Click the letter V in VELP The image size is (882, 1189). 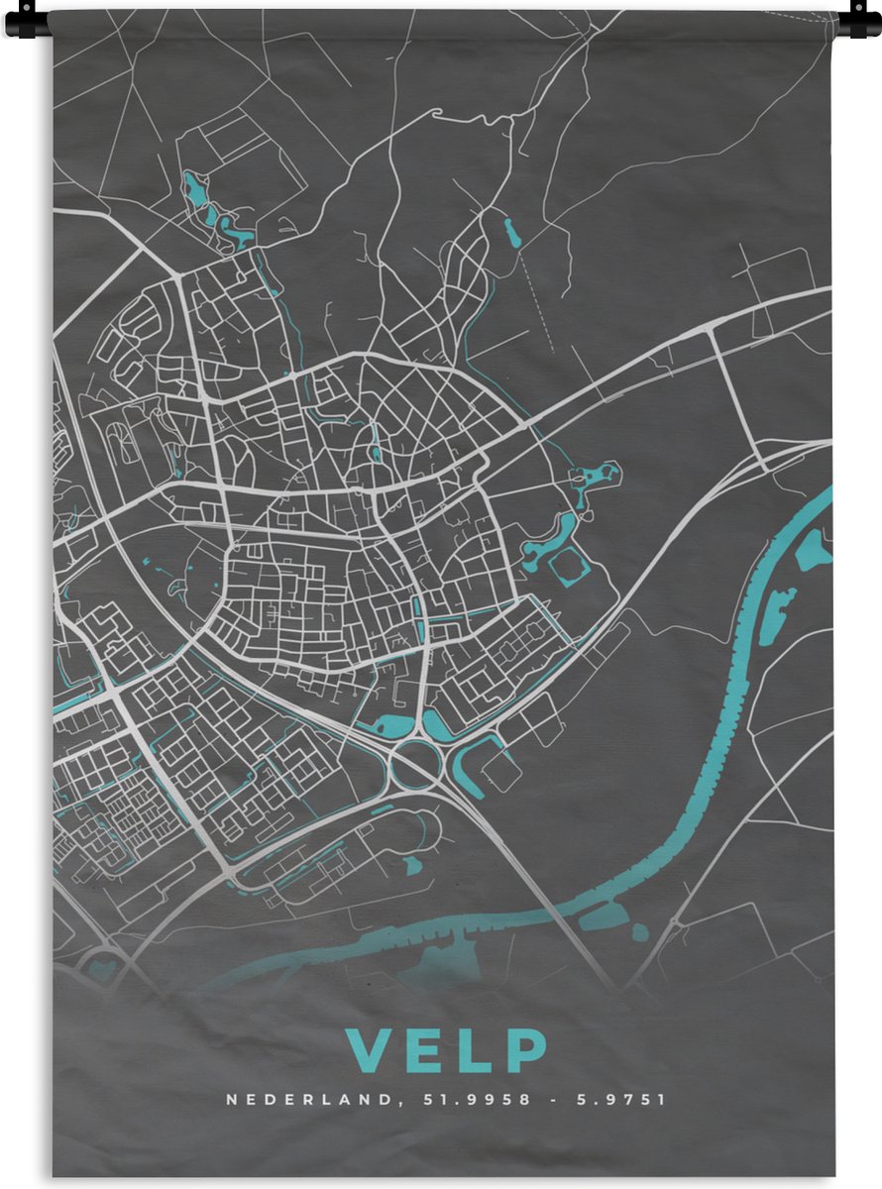pos(370,1051)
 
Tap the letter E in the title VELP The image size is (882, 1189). pos(425,1051)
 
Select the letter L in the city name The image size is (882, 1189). pos(476,1051)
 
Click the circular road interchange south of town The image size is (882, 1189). pos(415,766)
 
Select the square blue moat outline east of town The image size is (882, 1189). pos(569,566)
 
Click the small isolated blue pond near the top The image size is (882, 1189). pos(511,234)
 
